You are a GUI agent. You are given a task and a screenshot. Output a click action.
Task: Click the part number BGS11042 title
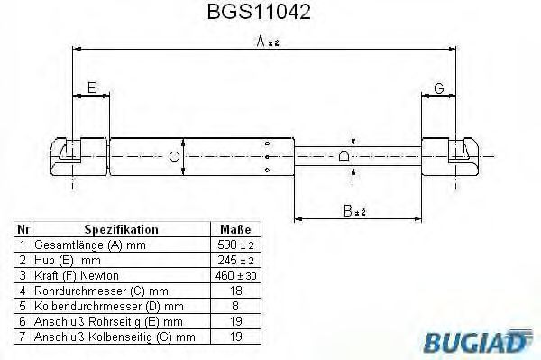[x=259, y=12]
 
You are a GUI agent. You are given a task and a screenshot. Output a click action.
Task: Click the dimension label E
[x=92, y=88]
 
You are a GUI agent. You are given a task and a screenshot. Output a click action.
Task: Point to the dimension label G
[x=439, y=88]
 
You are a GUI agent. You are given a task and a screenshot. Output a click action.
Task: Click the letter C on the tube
[x=175, y=157]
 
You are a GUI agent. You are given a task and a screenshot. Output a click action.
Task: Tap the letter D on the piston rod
[x=344, y=156]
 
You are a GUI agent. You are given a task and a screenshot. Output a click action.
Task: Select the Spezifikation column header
[x=121, y=229]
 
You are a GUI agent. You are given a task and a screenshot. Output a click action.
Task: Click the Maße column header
[x=235, y=229]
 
